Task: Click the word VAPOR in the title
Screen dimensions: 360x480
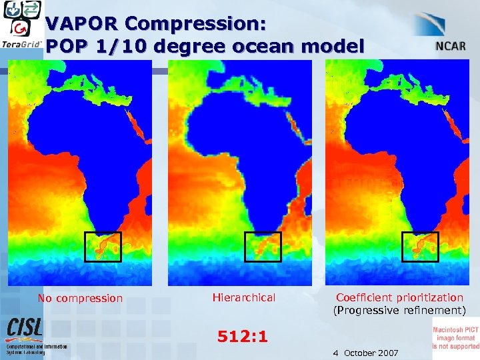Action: (81, 24)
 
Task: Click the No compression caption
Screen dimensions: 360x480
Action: (80, 299)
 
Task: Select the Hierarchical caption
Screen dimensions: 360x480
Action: (243, 298)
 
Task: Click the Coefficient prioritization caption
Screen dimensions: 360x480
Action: (399, 298)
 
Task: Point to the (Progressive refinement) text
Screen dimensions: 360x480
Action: (399, 311)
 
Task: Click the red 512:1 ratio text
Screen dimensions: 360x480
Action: (243, 337)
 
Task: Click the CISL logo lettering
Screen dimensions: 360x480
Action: (25, 328)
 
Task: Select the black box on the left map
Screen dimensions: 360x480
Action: (103, 246)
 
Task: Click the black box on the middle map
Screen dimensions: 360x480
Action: (263, 246)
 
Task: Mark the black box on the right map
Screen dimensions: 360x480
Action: (419, 246)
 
